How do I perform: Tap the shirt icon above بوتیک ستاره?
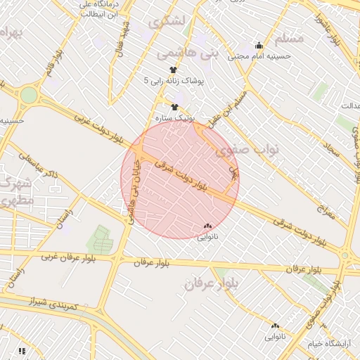174,106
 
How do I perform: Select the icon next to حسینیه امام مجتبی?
259,45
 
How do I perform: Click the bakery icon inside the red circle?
207,226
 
